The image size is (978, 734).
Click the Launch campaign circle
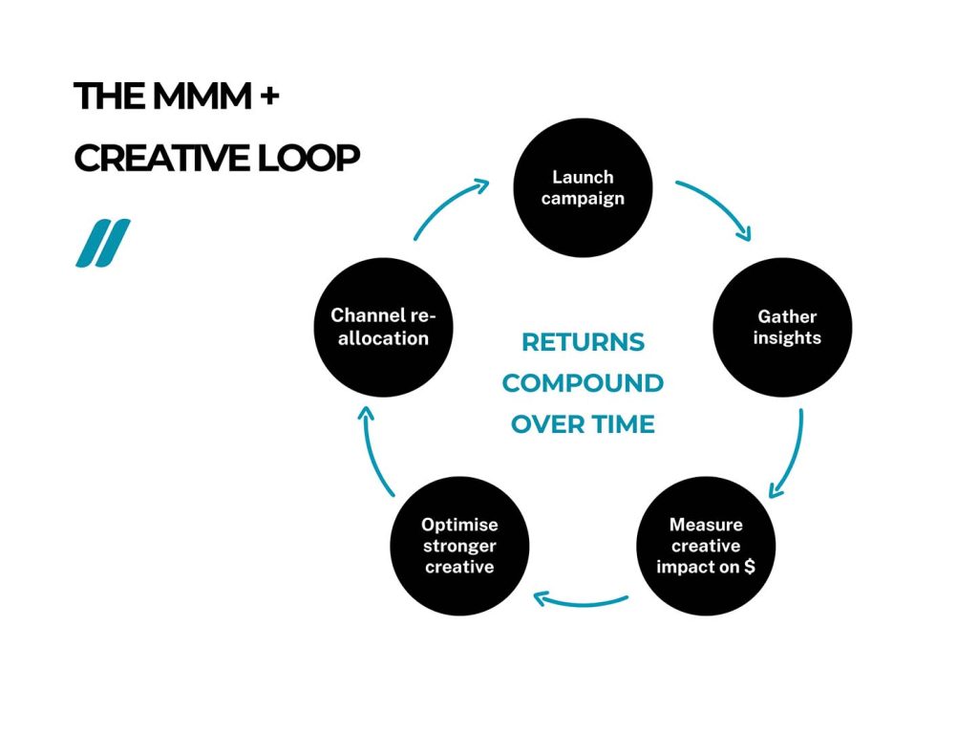pos(583,187)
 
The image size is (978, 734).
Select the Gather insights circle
pos(782,327)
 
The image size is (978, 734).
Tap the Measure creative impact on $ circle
pos(706,546)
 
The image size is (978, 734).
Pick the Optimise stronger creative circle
pos(459,546)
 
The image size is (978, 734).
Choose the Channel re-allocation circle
pos(383,327)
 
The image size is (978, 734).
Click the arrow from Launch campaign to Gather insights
pos(718,205)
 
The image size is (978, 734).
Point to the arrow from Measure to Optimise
pos(581,602)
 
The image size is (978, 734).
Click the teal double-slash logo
pos(103,243)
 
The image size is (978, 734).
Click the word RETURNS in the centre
pos(583,342)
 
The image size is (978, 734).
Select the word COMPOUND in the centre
pos(583,383)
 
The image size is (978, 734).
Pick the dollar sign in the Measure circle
pos(749,567)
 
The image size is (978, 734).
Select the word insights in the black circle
pos(787,338)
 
